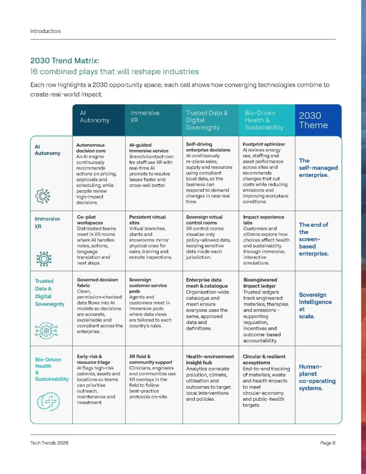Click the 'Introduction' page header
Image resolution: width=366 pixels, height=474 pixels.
click(x=45, y=31)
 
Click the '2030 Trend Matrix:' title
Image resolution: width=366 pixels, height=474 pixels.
click(x=65, y=61)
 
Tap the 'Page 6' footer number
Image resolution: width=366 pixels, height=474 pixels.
click(x=328, y=443)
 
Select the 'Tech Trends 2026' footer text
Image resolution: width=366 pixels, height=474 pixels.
click(x=49, y=443)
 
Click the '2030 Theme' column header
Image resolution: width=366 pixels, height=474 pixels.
click(x=313, y=120)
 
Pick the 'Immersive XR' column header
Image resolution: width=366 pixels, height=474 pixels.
click(x=145, y=116)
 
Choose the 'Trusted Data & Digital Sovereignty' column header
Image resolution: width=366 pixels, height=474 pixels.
click(x=207, y=120)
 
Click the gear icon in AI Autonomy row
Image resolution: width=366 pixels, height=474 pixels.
click(x=43, y=196)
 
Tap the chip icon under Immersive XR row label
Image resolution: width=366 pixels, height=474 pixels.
click(x=44, y=259)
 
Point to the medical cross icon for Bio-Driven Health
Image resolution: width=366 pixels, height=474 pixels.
click(x=48, y=401)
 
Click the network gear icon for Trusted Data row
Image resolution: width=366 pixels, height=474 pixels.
click(x=46, y=330)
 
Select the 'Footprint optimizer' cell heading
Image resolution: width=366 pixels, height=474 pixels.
click(x=264, y=144)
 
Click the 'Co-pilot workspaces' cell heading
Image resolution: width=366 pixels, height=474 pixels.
click(x=90, y=220)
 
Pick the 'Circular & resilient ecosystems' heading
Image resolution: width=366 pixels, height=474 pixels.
click(x=264, y=360)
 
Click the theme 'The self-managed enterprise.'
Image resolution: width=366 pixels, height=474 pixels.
click(x=318, y=168)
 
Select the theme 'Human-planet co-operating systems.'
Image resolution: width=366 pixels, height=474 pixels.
click(x=317, y=377)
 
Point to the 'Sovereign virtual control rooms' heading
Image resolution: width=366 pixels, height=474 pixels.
click(x=204, y=220)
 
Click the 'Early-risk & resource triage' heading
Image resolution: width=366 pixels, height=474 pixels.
click(x=93, y=359)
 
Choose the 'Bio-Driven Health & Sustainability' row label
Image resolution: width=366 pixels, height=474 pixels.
click(x=52, y=369)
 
